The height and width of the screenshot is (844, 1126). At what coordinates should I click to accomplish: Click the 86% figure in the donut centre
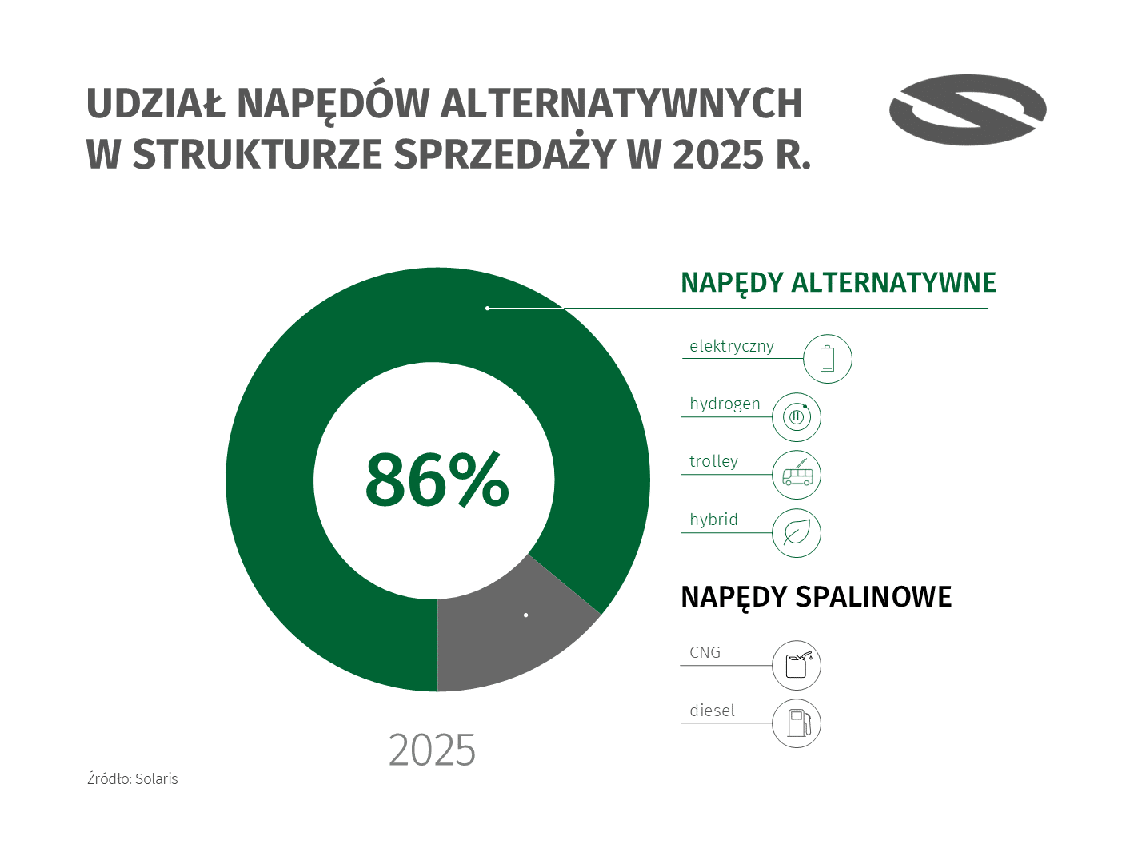click(x=437, y=480)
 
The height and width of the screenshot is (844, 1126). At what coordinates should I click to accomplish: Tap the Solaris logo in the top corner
click(x=968, y=110)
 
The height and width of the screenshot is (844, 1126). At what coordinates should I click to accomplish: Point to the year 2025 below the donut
click(x=432, y=750)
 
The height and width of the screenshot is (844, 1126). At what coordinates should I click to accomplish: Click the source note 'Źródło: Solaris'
click(x=133, y=778)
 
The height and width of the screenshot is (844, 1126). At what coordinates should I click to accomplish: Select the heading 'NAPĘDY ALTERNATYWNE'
click(x=838, y=283)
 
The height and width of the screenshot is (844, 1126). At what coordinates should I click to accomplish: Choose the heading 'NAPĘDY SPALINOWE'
click(x=816, y=597)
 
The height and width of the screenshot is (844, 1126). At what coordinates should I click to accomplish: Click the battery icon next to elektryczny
click(x=827, y=359)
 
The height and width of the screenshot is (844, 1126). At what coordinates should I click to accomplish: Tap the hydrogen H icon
click(x=797, y=417)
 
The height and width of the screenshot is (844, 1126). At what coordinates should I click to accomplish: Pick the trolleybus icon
click(x=797, y=475)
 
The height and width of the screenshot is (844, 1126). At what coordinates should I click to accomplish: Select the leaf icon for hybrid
click(x=797, y=532)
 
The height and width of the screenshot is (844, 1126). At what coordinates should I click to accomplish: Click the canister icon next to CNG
click(x=797, y=665)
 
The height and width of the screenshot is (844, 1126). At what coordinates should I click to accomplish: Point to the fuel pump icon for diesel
click(x=797, y=723)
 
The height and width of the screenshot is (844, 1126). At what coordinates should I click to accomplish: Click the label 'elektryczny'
click(x=732, y=346)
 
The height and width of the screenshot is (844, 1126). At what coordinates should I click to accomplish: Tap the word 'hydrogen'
click(x=725, y=404)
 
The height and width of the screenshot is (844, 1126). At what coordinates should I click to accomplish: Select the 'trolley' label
click(x=713, y=461)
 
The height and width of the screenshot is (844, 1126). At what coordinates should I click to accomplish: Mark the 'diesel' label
click(x=712, y=711)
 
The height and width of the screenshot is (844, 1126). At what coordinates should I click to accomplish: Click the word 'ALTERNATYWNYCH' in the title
click(x=621, y=103)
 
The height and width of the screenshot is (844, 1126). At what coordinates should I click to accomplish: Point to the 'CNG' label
click(x=705, y=652)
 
